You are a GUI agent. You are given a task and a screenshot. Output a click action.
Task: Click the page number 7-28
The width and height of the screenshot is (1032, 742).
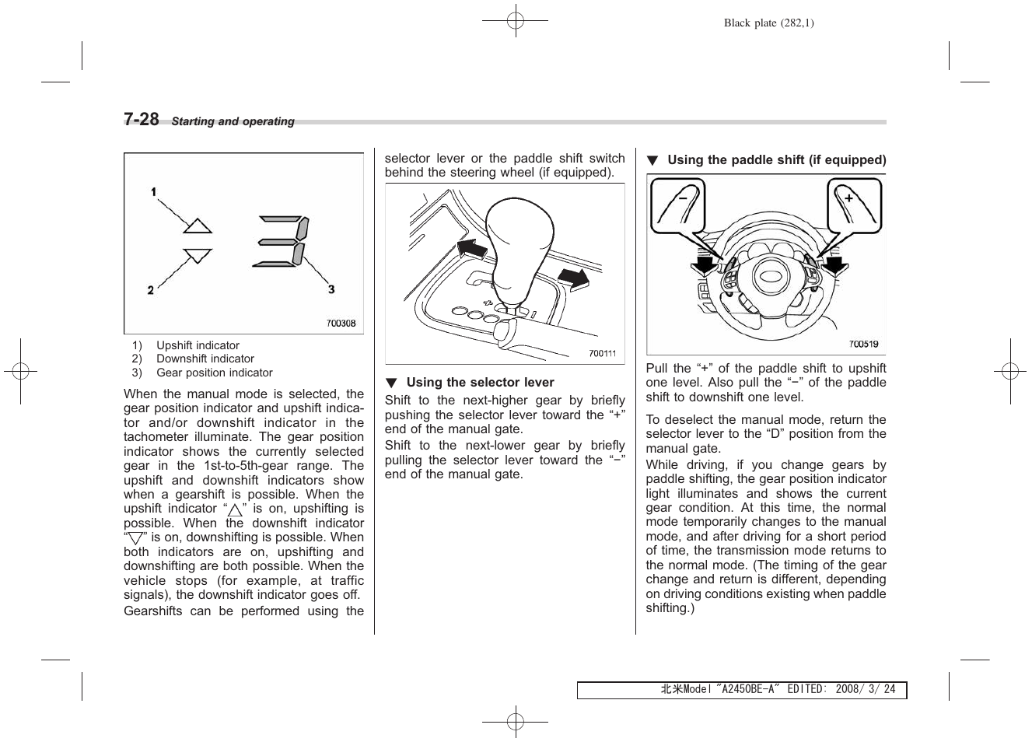pyautogui.click(x=142, y=119)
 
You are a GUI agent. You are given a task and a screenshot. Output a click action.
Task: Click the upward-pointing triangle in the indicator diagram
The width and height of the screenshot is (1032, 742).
pyautogui.click(x=198, y=226)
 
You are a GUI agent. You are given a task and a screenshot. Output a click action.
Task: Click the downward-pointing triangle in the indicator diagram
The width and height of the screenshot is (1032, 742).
pyautogui.click(x=198, y=255)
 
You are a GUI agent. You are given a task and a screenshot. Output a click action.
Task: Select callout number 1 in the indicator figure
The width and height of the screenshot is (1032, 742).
pyautogui.click(x=154, y=192)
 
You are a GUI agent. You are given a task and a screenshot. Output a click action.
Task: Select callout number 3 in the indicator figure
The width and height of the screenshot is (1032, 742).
pyautogui.click(x=331, y=289)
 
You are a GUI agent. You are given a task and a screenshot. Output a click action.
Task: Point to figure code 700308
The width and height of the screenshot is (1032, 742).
pyautogui.click(x=341, y=323)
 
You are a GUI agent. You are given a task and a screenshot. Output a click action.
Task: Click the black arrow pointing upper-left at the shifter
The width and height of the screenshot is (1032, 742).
pyautogui.click(x=471, y=250)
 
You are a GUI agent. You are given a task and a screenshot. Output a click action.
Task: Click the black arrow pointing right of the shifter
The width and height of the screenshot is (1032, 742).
pyautogui.click(x=574, y=278)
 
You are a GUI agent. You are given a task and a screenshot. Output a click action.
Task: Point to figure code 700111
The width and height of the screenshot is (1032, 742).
pyautogui.click(x=602, y=353)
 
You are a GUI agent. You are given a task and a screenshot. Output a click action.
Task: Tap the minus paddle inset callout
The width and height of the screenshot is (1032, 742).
pyautogui.click(x=677, y=205)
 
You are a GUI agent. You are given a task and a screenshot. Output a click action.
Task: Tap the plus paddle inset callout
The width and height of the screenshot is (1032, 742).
pyautogui.click(x=854, y=205)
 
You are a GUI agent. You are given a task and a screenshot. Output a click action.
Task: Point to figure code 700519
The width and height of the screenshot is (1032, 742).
pyautogui.click(x=863, y=344)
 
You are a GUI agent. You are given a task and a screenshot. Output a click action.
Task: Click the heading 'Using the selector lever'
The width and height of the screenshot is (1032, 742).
pyautogui.click(x=480, y=383)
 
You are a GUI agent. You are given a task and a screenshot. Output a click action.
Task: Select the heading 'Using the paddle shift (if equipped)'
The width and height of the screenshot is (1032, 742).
pyautogui.click(x=776, y=160)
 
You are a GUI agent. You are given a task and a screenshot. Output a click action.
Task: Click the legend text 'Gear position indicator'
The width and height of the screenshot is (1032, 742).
pyautogui.click(x=215, y=373)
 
